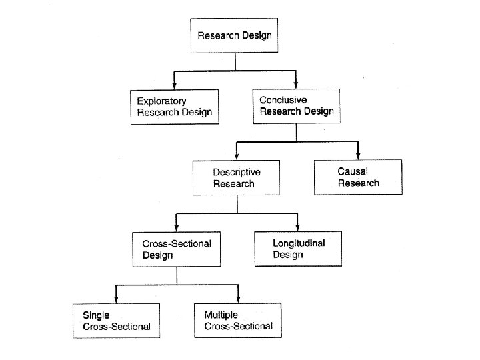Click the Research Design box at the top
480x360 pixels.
(x=235, y=35)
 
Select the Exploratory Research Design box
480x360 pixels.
(x=175, y=107)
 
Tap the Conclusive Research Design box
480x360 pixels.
(x=297, y=105)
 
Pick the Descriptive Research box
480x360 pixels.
(x=237, y=177)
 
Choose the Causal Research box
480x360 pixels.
(x=358, y=177)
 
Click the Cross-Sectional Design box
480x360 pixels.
(x=176, y=249)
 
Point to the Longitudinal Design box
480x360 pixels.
(x=298, y=249)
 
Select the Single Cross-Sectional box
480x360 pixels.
(x=117, y=321)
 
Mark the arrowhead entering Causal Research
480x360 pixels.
(x=358, y=155)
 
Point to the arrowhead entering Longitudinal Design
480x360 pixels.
(x=298, y=227)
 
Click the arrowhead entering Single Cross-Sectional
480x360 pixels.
(x=117, y=299)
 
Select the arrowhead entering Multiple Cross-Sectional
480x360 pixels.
(x=237, y=299)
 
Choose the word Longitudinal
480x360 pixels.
(x=299, y=243)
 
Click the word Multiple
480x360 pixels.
(x=221, y=315)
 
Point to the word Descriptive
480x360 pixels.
(x=237, y=172)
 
